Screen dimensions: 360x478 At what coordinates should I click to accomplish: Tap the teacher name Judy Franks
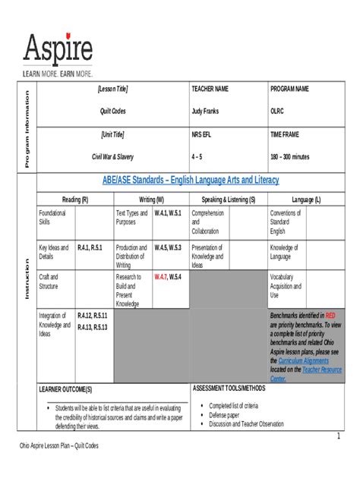click(205, 111)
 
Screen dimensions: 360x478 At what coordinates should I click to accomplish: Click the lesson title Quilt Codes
click(113, 111)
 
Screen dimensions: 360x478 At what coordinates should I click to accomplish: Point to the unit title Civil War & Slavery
click(112, 157)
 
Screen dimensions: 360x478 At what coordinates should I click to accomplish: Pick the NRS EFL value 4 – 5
click(197, 157)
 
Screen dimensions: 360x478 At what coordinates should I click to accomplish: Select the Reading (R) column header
click(75, 199)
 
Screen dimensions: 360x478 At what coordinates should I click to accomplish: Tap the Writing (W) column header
click(151, 199)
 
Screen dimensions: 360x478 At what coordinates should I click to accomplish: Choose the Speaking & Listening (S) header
click(228, 199)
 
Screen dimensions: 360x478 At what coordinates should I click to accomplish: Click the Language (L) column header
click(306, 199)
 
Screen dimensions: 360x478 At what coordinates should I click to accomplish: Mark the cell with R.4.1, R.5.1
click(92, 247)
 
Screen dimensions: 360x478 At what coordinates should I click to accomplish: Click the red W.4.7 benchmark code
click(159, 278)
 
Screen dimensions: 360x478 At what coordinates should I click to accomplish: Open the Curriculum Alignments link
click(303, 361)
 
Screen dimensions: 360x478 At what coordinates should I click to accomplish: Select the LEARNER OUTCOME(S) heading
click(65, 388)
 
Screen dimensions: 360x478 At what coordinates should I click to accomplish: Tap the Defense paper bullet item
click(224, 415)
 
